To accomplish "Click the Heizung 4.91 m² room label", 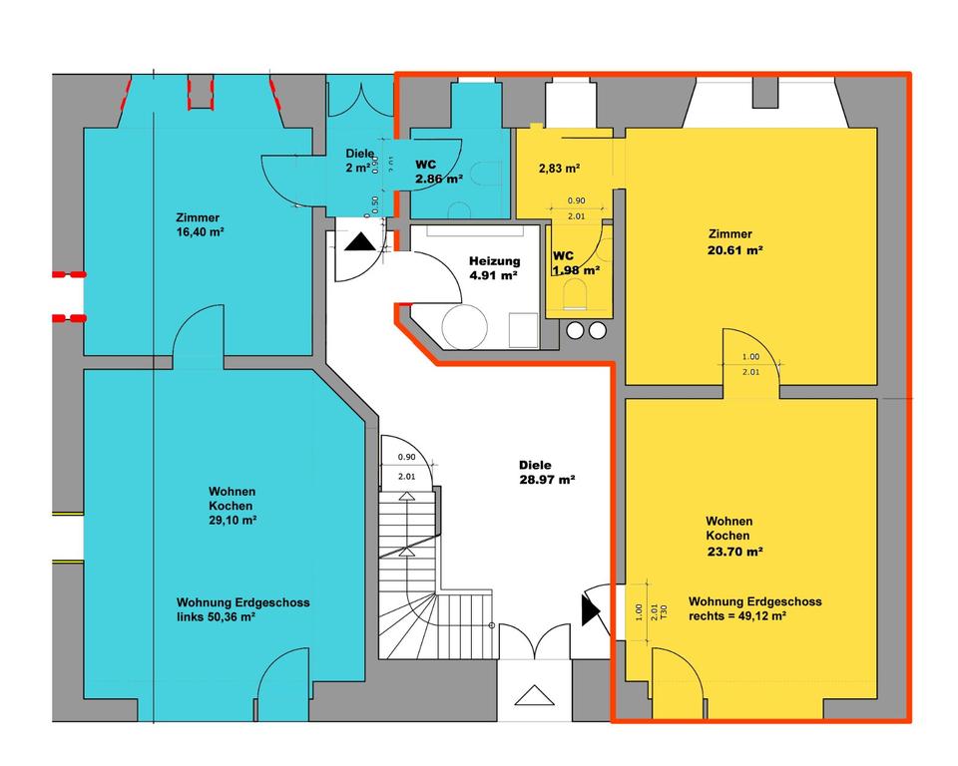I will coord(493,268).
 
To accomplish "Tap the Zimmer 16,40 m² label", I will coord(198,224).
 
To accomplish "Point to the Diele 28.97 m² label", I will coord(546,472).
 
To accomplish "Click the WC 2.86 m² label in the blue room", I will coord(439,172).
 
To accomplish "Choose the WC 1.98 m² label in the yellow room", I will coord(576,262).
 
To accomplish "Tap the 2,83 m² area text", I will coord(560,169).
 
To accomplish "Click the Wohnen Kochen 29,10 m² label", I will coord(232,506).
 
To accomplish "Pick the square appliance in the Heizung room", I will coord(522,328).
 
